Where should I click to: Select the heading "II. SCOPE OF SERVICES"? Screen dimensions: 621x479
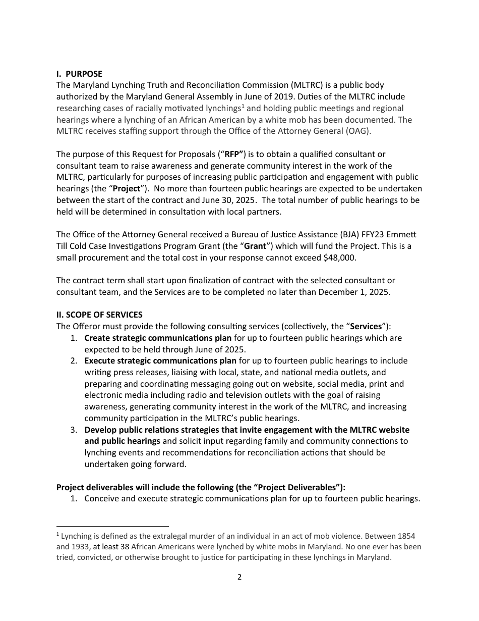coord(99,315)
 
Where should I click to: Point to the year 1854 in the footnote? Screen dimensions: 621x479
coord(406,536)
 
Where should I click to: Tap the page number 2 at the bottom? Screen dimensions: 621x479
coord(239,577)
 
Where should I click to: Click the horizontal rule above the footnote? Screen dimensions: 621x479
coord(112,526)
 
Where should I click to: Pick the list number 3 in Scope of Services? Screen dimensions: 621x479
coord(74,430)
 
